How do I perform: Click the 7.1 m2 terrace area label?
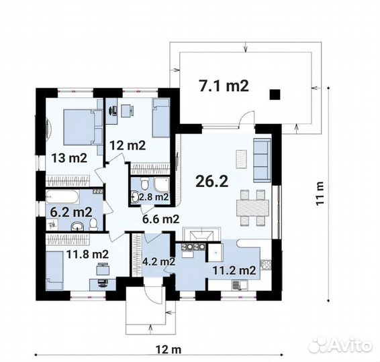pyautogui.click(x=224, y=86)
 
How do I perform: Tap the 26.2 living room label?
pyautogui.click(x=211, y=181)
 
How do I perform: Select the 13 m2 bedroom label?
pyautogui.click(x=69, y=158)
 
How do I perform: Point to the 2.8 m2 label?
pyautogui.click(x=154, y=197)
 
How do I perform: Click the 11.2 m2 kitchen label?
pyautogui.click(x=234, y=270)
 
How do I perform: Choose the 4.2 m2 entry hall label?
pyautogui.click(x=158, y=261)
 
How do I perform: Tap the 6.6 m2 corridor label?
pyautogui.click(x=161, y=219)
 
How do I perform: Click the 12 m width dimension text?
pyautogui.click(x=169, y=349)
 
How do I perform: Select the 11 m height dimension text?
pyautogui.click(x=320, y=193)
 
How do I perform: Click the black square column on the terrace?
pyautogui.click(x=275, y=95)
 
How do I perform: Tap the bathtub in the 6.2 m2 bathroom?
pyautogui.click(x=62, y=197)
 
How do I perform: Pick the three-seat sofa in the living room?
pyautogui.click(x=262, y=160)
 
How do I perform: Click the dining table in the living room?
pyautogui.click(x=252, y=208)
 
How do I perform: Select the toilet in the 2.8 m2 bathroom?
pyautogui.click(x=145, y=184)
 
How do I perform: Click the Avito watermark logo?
pyautogui.click(x=341, y=345)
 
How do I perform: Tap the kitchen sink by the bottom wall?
pyautogui.click(x=240, y=285)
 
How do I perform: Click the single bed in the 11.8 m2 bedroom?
pyautogui.click(x=54, y=270)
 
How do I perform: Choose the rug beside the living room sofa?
pyautogui.click(x=241, y=160)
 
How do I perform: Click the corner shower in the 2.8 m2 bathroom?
pyautogui.click(x=160, y=185)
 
